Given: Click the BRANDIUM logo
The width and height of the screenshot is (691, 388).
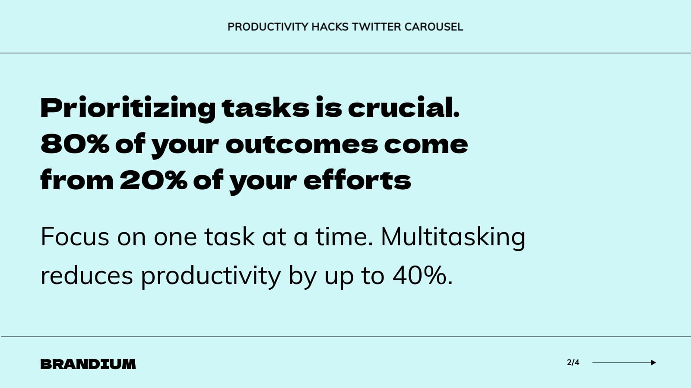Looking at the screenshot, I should click(88, 364).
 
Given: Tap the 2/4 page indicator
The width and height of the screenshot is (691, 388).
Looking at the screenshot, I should click(573, 363).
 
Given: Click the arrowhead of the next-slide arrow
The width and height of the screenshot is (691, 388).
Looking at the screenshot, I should click(653, 363).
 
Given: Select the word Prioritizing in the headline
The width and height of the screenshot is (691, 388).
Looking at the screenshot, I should click(128, 108).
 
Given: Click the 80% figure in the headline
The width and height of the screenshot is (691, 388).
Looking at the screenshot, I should click(75, 144).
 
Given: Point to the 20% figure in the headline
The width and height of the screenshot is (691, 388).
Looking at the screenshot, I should click(153, 180).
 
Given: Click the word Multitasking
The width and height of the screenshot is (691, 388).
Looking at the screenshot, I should click(453, 237).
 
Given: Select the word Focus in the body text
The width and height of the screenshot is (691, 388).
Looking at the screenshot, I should click(75, 237).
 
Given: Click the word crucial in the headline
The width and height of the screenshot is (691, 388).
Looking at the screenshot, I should click(403, 108).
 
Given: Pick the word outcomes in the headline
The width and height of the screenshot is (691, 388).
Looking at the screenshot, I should click(301, 144).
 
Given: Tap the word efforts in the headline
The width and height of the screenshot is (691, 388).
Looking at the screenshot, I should click(357, 180).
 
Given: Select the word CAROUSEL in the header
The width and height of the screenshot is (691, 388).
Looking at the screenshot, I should click(434, 27).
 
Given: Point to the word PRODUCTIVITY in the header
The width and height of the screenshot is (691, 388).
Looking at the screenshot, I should click(268, 27).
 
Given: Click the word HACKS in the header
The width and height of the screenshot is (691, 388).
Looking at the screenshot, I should click(330, 27).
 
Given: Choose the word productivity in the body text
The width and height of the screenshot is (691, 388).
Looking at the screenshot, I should click(211, 276).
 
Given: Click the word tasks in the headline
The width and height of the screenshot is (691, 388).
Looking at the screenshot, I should click(266, 108).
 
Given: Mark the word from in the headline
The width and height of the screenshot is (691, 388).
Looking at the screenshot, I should click(77, 180).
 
